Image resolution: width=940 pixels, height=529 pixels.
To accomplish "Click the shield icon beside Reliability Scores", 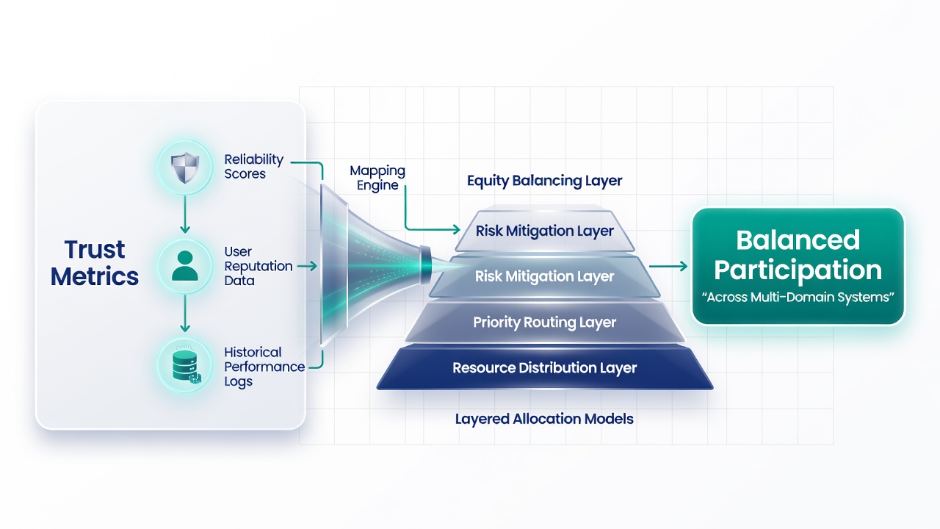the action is click(184, 168).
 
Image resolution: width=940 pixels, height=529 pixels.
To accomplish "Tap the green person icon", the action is click(184, 266).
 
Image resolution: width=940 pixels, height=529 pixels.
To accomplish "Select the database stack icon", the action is click(186, 366).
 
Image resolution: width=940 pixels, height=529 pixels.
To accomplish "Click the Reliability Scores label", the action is click(253, 166).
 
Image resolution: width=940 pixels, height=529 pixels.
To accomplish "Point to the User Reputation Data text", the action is click(258, 266).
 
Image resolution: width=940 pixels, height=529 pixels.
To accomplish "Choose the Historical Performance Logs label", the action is click(264, 367).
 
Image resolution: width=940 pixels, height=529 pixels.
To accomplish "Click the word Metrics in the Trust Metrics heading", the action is click(95, 276).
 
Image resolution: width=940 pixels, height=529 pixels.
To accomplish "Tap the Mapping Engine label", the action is click(377, 178).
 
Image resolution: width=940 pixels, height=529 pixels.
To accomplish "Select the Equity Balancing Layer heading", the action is click(544, 181).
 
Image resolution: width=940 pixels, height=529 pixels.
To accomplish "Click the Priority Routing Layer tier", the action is click(545, 322).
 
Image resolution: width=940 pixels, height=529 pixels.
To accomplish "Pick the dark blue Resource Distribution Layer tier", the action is click(545, 368).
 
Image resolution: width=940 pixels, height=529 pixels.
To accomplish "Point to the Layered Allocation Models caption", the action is click(544, 419).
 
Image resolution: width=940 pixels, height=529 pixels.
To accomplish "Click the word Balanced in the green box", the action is click(798, 240).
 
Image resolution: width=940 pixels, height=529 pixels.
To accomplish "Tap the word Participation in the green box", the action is click(798, 270).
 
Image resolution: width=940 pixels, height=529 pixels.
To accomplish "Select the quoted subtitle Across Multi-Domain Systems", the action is click(798, 298).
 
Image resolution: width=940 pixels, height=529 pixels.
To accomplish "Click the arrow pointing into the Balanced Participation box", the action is click(668, 266).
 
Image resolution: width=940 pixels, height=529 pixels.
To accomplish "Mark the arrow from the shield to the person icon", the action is click(184, 214).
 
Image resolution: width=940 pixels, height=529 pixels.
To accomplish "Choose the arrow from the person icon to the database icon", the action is click(184, 313).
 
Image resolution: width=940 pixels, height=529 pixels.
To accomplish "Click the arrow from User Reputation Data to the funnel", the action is click(307, 266).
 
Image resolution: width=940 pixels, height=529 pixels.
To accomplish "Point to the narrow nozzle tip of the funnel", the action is click(425, 266).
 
